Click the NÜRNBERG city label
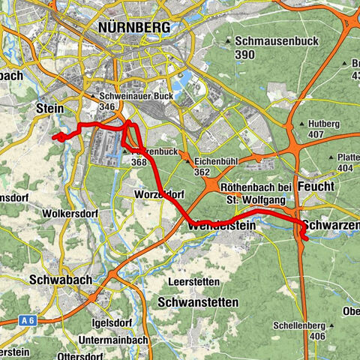pyautogui.click(x=134, y=28)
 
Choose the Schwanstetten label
pyautogui.click(x=199, y=301)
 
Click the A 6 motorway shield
pyautogui.click(x=28, y=321)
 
